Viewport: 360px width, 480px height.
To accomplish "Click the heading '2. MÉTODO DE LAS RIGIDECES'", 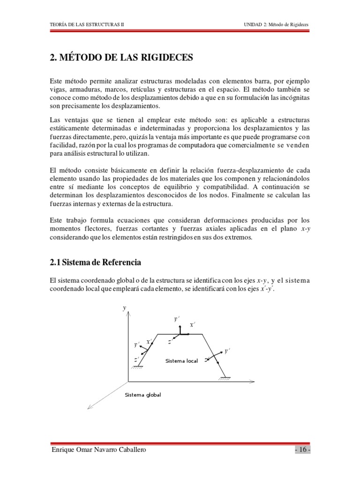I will tap(120, 58).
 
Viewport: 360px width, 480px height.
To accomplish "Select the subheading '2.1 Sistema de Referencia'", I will tap(95, 262).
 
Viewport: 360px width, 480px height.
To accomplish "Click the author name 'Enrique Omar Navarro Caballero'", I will tap(98, 450).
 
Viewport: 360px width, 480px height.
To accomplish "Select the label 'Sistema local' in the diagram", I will tap(182, 361).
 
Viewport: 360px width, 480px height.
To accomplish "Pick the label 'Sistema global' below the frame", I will tap(142, 395).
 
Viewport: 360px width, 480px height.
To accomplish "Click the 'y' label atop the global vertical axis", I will tap(124, 307).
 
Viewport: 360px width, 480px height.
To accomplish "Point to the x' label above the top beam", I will tap(192, 324).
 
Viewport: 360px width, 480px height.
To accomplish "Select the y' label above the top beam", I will tap(177, 319).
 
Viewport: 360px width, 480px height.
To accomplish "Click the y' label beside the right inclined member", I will tap(227, 350).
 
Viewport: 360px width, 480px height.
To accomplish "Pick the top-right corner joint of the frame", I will tap(202, 334).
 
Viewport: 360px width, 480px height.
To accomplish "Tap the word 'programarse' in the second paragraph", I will tap(265, 136).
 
